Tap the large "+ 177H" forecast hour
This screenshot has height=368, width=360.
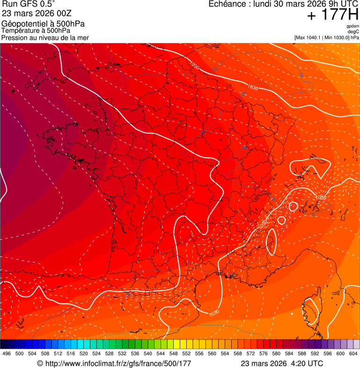pyautogui.click(x=332, y=15)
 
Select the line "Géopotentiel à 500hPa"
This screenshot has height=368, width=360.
pyautogui.click(x=43, y=24)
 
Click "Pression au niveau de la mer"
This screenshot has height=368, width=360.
pyautogui.click(x=45, y=38)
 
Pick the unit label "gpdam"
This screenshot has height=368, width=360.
pyautogui.click(x=353, y=26)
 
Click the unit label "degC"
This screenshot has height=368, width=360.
pyautogui.click(x=353, y=32)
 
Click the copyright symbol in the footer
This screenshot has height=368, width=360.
pyautogui.click(x=40, y=363)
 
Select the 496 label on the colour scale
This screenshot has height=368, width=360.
pyautogui.click(x=7, y=354)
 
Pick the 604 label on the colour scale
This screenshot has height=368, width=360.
pyautogui.click(x=353, y=354)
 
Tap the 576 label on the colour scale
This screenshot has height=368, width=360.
pyautogui.click(x=263, y=354)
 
